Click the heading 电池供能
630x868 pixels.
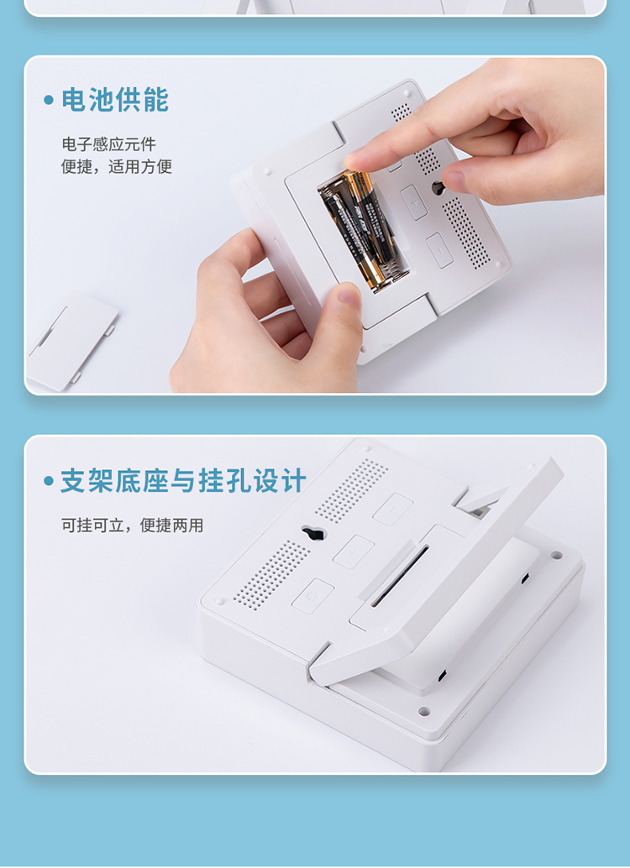pyautogui.click(x=115, y=100)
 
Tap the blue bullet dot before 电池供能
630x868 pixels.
pyautogui.click(x=49, y=100)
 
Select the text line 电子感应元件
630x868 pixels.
pyautogui.click(x=108, y=144)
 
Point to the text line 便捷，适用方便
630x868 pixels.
pyautogui.click(x=117, y=166)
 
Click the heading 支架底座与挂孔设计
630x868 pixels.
pyautogui.click(x=183, y=480)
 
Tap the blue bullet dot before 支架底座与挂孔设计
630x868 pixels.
pyautogui.click(x=49, y=480)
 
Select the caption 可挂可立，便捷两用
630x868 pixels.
pyautogui.click(x=133, y=525)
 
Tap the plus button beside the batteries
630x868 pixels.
pyautogui.click(x=414, y=202)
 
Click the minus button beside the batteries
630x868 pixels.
pyautogui.click(x=439, y=250)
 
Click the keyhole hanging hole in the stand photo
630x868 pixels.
pyautogui.click(x=313, y=533)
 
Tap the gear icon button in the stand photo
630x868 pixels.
pyautogui.click(x=313, y=596)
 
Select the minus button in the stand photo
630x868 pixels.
pyautogui.click(x=392, y=510)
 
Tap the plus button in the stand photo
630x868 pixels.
pyautogui.click(x=354, y=552)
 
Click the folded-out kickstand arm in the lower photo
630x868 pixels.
pyautogui.click(x=438, y=570)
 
